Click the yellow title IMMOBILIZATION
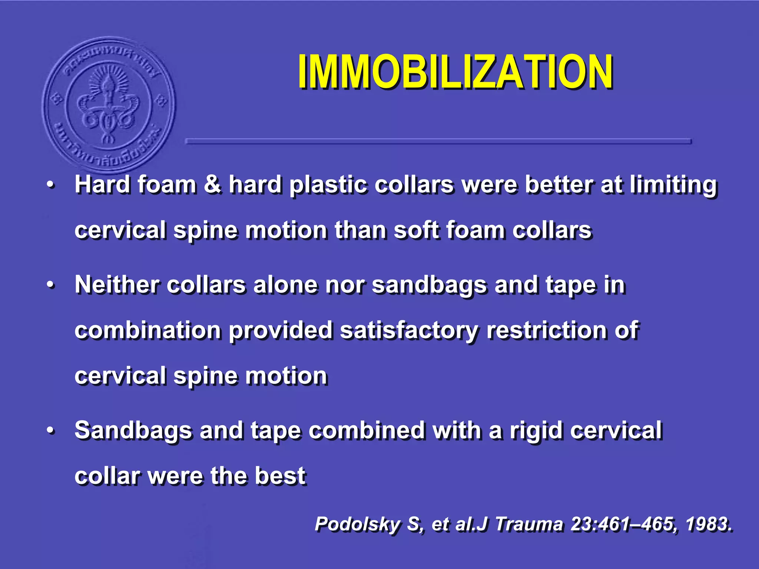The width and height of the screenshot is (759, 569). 455,72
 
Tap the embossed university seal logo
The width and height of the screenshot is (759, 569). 109,104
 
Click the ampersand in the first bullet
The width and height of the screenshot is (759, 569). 212,184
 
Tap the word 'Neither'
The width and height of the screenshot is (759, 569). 117,285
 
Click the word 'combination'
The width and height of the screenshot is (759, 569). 148,330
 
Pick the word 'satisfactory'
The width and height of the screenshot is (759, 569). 409,331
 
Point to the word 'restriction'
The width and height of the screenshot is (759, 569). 546,330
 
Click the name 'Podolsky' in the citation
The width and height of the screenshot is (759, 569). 357,524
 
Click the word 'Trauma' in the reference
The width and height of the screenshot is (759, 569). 529,524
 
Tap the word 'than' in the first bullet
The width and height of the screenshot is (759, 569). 360,230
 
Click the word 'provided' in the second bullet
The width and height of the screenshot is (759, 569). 280,330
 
